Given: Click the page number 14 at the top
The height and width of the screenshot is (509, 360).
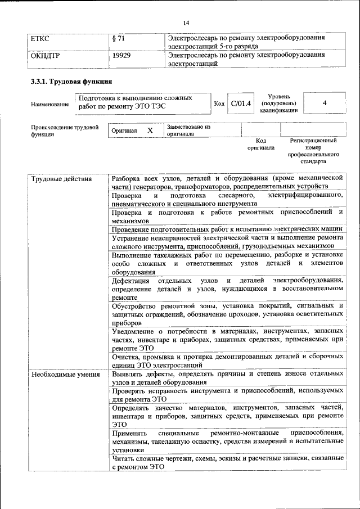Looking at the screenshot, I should point(186,22).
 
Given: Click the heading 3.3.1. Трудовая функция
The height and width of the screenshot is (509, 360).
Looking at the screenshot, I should point(69,82).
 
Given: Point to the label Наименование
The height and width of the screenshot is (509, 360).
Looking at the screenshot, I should point(50,105).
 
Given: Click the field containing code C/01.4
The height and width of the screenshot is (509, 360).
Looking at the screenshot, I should point(241,104).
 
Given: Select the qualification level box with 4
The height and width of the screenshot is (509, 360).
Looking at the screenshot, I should point(325,104).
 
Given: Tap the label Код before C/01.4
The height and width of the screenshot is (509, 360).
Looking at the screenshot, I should point(219,104).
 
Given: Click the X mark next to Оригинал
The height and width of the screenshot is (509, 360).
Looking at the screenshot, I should point(150,130).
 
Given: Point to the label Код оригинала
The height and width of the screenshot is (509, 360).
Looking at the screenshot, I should point(261,145).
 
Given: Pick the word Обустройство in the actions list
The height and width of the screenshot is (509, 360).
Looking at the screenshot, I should point(134,306).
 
